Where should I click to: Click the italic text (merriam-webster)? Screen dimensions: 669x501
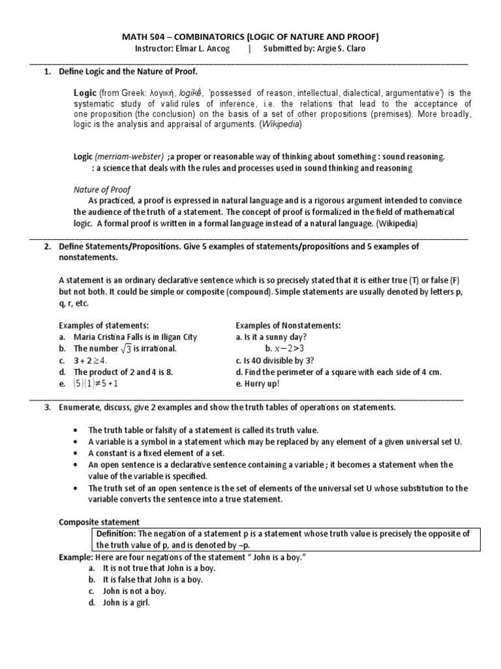click(x=130, y=157)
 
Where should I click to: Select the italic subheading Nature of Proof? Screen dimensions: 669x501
click(x=101, y=189)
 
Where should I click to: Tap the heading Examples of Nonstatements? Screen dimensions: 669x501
click(x=288, y=325)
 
